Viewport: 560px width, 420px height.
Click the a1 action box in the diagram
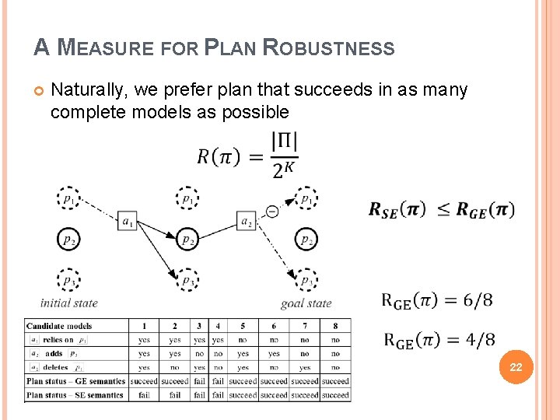pyautogui.click(x=127, y=222)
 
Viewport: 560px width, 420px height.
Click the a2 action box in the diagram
pyautogui.click(x=247, y=222)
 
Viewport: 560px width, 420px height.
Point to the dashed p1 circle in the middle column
pyautogui.click(x=187, y=199)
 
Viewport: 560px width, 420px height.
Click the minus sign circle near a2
pyautogui.click(x=271, y=211)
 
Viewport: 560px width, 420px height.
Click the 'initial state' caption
pyautogui.click(x=68, y=303)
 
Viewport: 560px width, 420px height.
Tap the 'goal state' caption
pyautogui.click(x=306, y=303)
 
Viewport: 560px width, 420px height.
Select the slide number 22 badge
pyautogui.click(x=516, y=367)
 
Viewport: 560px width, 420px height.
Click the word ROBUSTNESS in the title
pyautogui.click(x=329, y=48)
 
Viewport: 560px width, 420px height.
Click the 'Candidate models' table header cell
pyautogui.click(x=59, y=326)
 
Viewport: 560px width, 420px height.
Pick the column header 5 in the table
pyautogui.click(x=243, y=326)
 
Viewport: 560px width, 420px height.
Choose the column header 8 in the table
pyautogui.click(x=335, y=326)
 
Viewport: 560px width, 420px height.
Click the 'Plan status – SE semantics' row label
pyautogui.click(x=75, y=394)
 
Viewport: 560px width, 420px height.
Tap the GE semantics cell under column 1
pyautogui.click(x=144, y=381)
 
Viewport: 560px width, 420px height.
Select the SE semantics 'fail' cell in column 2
pyautogui.click(x=174, y=394)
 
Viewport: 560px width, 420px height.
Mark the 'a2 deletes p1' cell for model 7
pyautogui.click(x=304, y=367)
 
